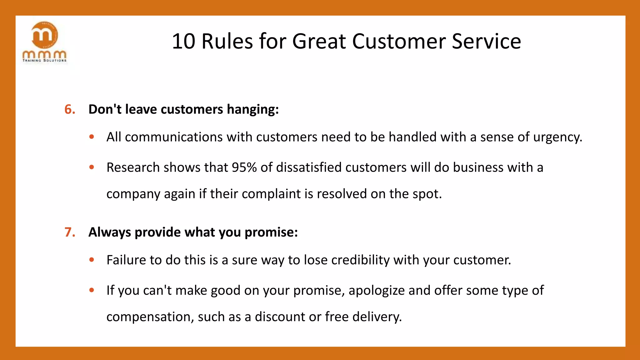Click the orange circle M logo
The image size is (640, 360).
(x=45, y=35)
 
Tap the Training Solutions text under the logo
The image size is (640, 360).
(x=44, y=60)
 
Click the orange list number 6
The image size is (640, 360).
(x=70, y=109)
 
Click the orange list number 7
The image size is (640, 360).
(x=70, y=232)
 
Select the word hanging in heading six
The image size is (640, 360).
(x=252, y=109)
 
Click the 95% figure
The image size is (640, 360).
(x=244, y=167)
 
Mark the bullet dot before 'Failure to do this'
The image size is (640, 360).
(x=92, y=260)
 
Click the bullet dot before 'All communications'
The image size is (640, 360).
(x=92, y=137)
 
